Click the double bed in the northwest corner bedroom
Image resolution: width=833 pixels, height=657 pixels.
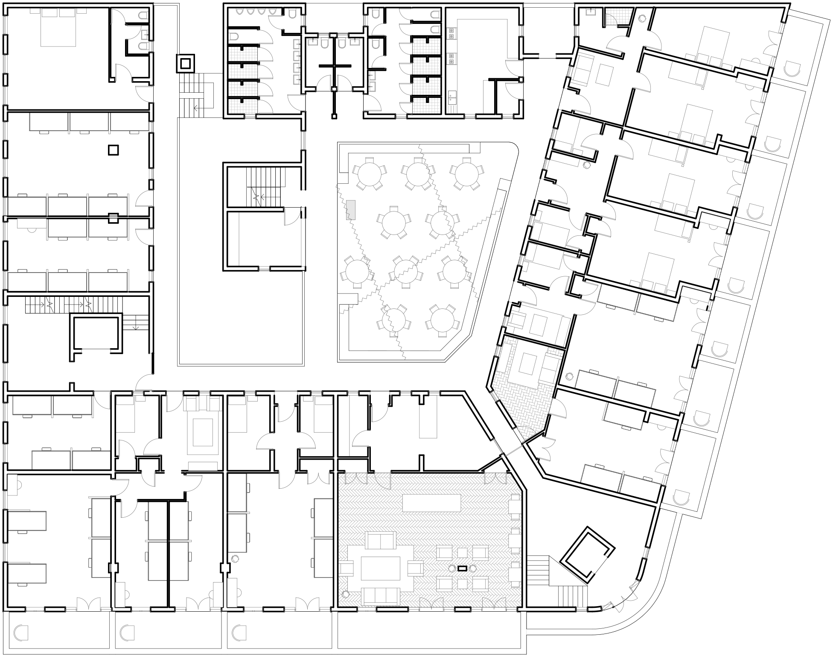click(58, 27)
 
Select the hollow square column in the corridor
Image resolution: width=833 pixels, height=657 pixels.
click(186, 64)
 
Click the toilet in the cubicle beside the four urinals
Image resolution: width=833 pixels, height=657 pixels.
click(292, 14)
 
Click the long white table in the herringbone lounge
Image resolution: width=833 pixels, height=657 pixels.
click(431, 503)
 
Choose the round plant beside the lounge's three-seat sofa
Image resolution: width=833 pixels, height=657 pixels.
click(346, 594)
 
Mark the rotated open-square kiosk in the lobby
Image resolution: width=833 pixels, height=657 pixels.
click(587, 554)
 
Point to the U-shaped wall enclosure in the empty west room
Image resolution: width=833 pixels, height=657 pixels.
click(96, 332)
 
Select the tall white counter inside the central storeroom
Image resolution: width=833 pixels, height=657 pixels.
click(233, 239)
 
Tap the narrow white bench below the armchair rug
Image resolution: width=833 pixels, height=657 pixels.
click(202, 466)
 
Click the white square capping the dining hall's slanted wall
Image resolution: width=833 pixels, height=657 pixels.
click(504, 185)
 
